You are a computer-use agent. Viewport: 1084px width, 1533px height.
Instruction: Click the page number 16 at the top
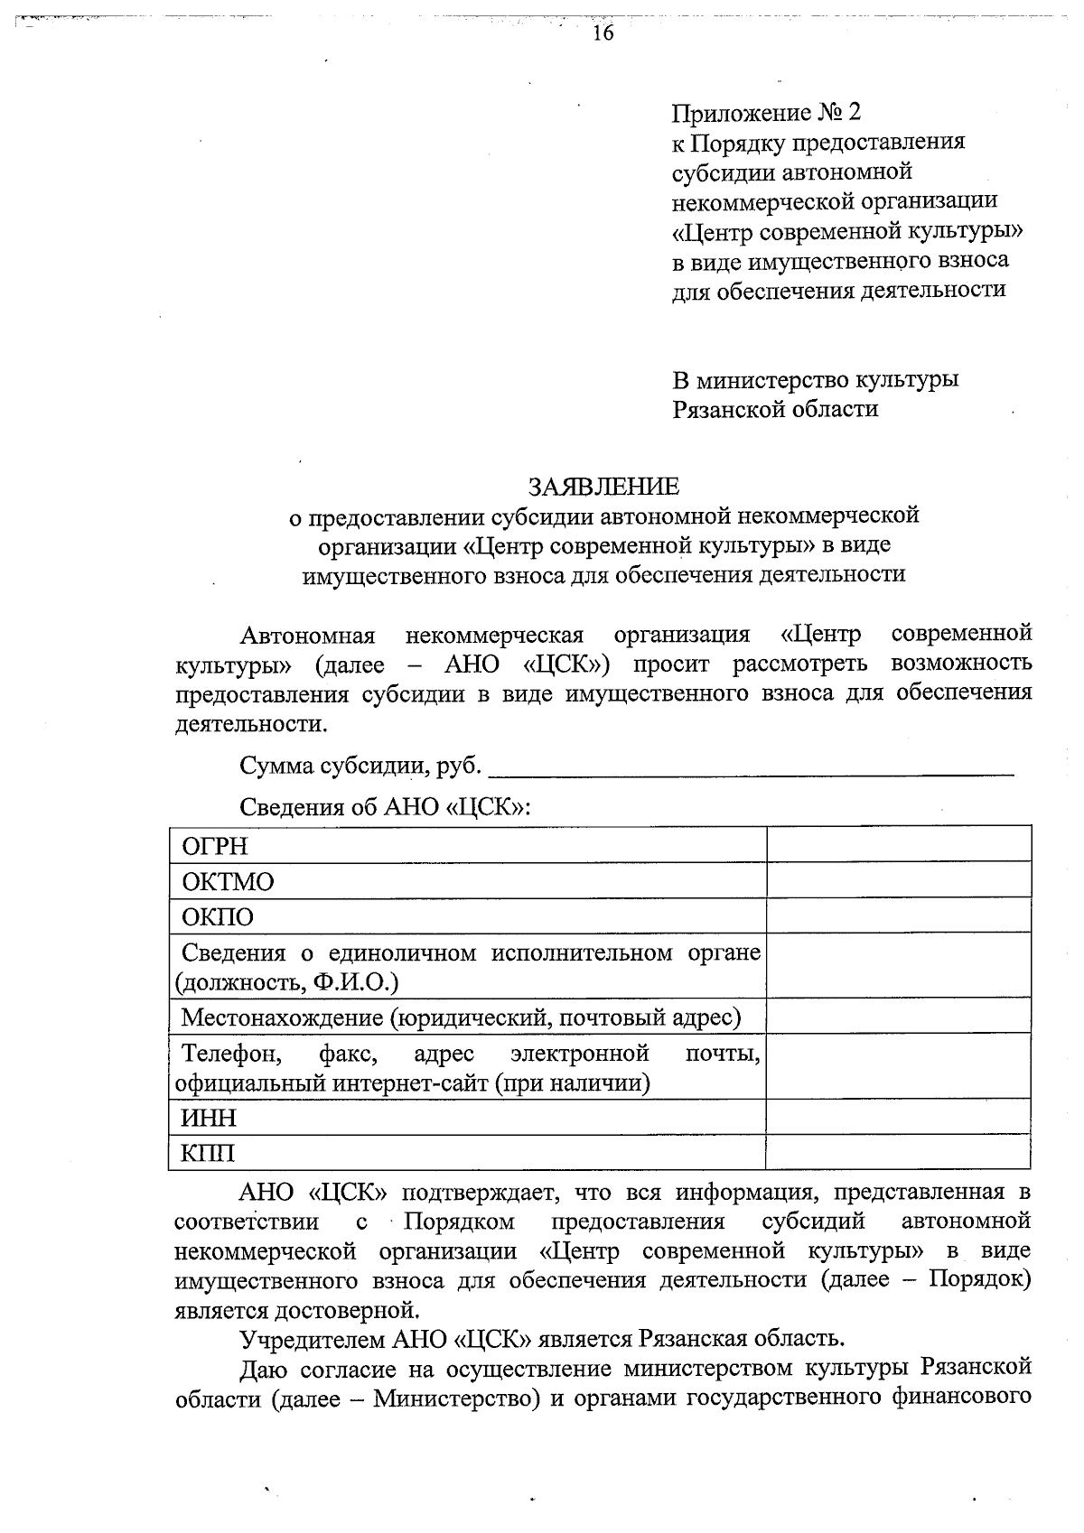pos(603,34)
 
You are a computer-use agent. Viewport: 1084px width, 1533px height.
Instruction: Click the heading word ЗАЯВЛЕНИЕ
pos(603,487)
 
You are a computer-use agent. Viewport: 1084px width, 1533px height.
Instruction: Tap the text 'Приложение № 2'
pos(767,113)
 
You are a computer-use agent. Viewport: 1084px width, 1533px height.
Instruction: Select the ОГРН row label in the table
pos(215,846)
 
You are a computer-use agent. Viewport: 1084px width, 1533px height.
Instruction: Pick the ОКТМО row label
pos(228,881)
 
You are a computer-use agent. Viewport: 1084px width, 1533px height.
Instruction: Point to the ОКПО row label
pos(218,917)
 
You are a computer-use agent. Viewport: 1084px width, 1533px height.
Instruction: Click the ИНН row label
pos(209,1118)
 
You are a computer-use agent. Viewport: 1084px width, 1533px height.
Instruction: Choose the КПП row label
pos(209,1153)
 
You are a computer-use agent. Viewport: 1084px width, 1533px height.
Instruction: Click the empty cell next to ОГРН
pos(898,844)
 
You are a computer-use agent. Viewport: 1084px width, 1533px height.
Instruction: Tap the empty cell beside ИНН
pos(898,1117)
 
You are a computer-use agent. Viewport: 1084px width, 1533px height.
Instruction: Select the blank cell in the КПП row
pos(898,1152)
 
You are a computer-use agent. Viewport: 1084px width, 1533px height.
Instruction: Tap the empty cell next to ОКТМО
pos(898,879)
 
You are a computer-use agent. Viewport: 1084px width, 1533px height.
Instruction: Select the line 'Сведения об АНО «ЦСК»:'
pos(385,806)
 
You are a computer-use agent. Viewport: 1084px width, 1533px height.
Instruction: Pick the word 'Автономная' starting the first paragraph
pos(307,635)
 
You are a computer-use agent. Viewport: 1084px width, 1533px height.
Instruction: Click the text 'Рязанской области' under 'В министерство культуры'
pos(775,409)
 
